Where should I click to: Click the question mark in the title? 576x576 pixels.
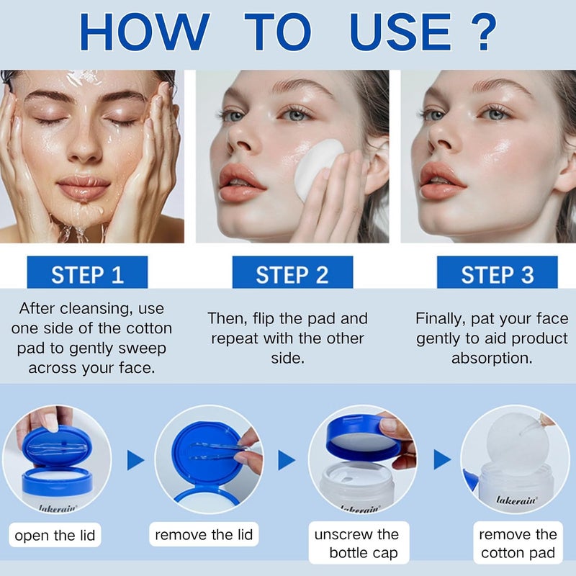coord(483,32)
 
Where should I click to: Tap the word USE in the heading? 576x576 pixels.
coord(401,32)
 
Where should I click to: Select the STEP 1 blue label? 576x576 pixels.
coord(87,272)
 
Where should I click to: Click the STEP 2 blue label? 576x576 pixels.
coord(292,272)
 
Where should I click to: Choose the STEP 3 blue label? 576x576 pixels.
coord(497,272)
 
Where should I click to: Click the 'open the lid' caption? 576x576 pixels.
coord(55,535)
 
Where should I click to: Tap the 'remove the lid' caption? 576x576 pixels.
coord(204,534)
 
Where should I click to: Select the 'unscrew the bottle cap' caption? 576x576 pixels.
coord(359,543)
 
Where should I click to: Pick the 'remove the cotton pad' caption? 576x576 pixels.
coord(518,543)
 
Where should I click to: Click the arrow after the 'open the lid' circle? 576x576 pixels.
coord(135,460)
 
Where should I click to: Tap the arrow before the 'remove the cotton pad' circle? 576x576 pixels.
coord(442,459)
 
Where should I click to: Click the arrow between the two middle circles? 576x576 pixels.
coord(286,460)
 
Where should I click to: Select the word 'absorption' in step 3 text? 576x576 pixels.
coord(492,358)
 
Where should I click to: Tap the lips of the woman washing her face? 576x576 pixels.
coord(84,187)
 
